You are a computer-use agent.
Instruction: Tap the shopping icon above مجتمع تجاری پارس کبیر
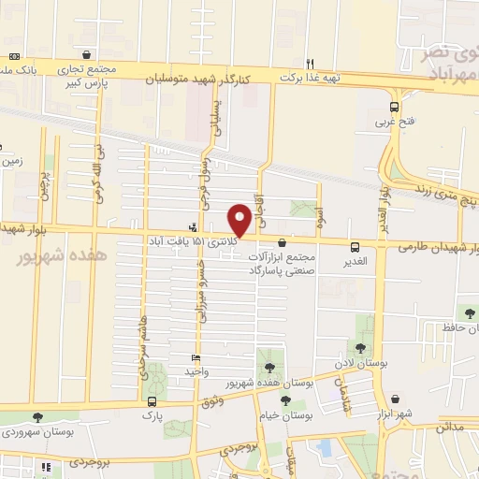(x=87, y=54)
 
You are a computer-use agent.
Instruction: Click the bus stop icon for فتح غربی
(x=395, y=107)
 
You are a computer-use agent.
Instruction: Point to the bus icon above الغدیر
(x=355, y=248)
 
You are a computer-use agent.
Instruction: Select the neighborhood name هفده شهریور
(x=62, y=255)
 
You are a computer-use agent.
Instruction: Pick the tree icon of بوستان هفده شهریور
(x=269, y=368)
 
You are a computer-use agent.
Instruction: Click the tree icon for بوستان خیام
(x=284, y=400)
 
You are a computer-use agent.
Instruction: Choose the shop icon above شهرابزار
(x=395, y=399)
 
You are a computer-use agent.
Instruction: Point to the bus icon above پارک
(x=152, y=401)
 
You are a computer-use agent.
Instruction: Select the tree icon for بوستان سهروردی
(x=36, y=418)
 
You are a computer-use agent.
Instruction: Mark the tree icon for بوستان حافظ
(x=467, y=313)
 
